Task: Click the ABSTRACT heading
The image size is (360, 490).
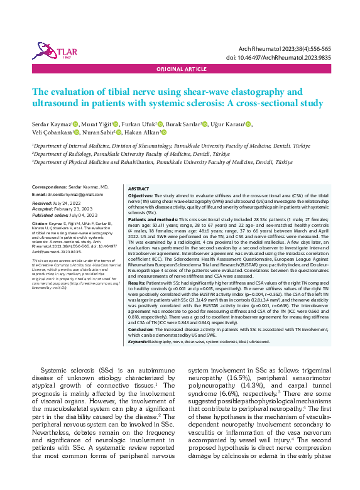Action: (139, 188)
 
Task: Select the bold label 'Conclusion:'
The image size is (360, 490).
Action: (141, 329)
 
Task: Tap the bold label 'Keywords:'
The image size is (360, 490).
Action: (139, 341)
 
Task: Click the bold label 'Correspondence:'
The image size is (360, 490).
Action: (49, 187)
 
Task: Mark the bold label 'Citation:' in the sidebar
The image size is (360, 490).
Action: (39, 223)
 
